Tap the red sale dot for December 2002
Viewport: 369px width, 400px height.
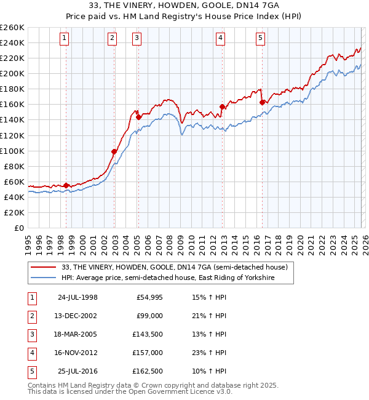[114, 151]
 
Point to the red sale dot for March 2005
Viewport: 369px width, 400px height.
[138, 117]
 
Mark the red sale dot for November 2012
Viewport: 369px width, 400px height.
[222, 106]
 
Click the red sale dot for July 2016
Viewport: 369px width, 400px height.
[262, 102]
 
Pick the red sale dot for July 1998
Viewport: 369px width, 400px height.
[66, 185]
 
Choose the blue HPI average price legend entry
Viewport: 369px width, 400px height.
[167, 278]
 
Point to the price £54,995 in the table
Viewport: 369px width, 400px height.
[147, 297]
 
